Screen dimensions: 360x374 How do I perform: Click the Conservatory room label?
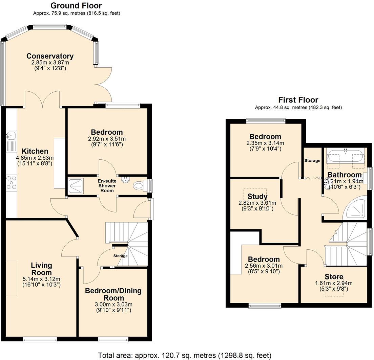[x=50, y=56]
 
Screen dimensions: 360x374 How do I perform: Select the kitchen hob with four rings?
[x=11, y=182]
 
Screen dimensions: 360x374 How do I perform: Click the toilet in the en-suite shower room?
[x=140, y=185]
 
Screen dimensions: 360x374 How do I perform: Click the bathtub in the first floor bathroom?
[x=345, y=157]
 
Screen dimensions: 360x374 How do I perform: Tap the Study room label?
[x=257, y=197]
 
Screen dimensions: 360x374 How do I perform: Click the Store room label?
[x=334, y=277]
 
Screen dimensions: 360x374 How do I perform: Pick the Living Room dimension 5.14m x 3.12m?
[x=41, y=279]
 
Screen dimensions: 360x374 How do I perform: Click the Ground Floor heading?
[x=76, y=5]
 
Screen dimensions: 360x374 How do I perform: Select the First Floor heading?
[x=298, y=100]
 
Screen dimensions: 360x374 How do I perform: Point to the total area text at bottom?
[x=185, y=355]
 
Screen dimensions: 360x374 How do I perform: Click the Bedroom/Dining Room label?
[x=113, y=294]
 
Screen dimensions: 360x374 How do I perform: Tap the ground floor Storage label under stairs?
[x=120, y=256]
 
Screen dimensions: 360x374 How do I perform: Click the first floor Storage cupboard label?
[x=312, y=160]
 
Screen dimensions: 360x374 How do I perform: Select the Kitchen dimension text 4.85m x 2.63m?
[x=35, y=158]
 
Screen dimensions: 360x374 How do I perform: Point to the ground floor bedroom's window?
[x=123, y=106]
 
